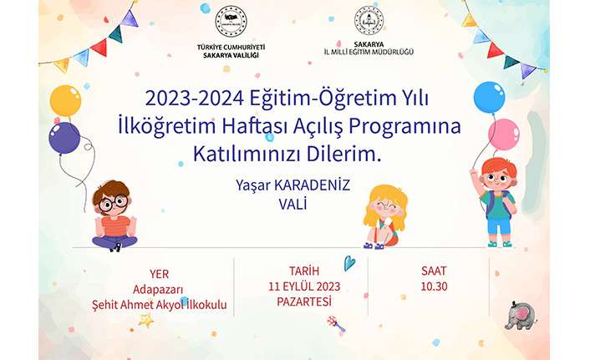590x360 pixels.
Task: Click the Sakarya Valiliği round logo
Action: coord(231,22)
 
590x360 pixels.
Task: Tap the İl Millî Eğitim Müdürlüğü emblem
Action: coord(369,20)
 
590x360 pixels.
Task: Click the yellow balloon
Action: coord(65,101)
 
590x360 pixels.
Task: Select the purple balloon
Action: coord(64,138)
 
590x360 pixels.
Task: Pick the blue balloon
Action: coord(489,97)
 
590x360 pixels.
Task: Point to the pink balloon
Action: coord(504,134)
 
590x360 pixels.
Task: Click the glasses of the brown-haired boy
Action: coord(113,204)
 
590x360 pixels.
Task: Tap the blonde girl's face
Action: coord(385,208)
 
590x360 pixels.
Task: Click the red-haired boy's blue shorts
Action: coord(499,226)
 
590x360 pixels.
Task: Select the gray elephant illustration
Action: coord(520,315)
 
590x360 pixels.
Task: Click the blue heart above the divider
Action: coord(349,263)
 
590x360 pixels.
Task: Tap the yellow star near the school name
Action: coord(146,321)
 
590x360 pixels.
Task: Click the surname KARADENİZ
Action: coord(312,185)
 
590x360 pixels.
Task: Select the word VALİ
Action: coord(292,205)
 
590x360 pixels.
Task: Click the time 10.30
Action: coord(434,286)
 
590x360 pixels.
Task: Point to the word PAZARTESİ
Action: coord(304,302)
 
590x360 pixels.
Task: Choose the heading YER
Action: coord(159,274)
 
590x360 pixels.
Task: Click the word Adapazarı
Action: coord(158,290)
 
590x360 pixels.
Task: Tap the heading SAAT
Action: coord(434,271)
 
